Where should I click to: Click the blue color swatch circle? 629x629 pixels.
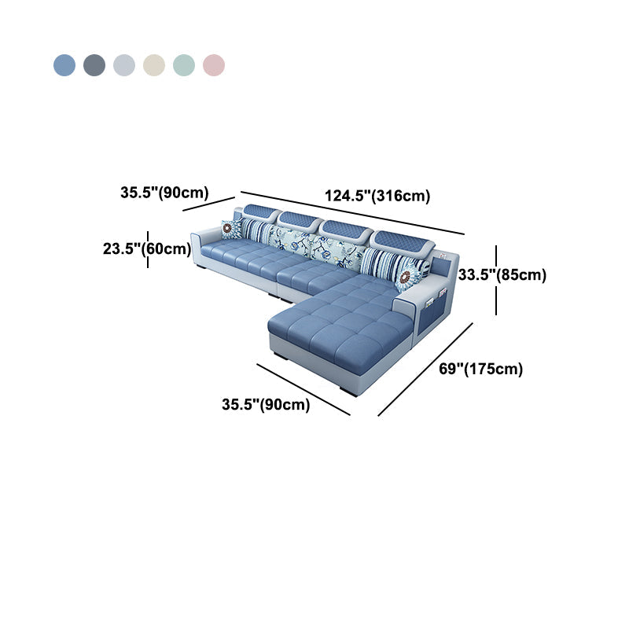(x=64, y=65)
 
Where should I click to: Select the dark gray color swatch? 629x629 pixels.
(x=94, y=65)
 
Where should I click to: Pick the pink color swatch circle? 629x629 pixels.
(x=214, y=65)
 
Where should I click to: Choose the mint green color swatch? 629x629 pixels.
(x=184, y=65)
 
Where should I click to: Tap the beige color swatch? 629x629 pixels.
(x=154, y=65)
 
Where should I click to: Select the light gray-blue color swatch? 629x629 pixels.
(x=124, y=65)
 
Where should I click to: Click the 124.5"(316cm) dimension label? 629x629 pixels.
(x=377, y=196)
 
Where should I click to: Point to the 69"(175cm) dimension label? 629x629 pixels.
(x=481, y=369)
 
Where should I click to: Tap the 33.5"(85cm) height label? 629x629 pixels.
(x=502, y=274)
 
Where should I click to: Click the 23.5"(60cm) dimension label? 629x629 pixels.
(x=147, y=248)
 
